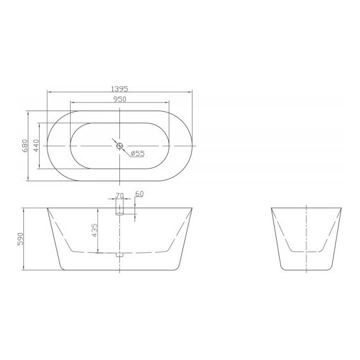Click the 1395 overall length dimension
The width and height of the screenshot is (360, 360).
click(119, 89)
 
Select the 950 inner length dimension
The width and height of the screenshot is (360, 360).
click(119, 99)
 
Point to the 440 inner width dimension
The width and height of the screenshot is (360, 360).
click(36, 146)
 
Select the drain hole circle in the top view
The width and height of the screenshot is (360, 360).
click(119, 146)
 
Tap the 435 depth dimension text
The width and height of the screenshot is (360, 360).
click(94, 231)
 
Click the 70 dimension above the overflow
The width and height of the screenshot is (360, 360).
click(119, 195)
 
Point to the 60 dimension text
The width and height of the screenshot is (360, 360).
click(139, 195)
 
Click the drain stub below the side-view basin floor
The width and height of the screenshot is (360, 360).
click(119, 256)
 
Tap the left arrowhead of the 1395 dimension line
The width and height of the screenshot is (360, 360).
click(49, 93)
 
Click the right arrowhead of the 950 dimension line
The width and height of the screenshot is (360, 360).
click(169, 104)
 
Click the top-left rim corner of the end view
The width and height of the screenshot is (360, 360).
click(272, 207)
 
